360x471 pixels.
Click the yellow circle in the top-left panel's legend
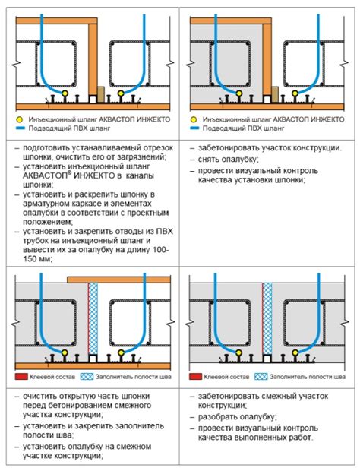[x=20, y=119]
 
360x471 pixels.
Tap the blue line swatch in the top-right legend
[x=194, y=128]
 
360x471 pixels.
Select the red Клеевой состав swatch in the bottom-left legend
[x=21, y=376]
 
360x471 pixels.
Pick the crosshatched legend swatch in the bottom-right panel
[x=261, y=376]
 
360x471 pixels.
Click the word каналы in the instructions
[x=140, y=175]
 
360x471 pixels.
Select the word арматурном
[x=47, y=204]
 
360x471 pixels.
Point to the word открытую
[x=65, y=397]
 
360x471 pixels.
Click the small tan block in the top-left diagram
[x=100, y=94]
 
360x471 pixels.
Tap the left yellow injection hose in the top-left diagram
[x=65, y=93]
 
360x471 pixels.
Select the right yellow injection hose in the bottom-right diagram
[x=295, y=352]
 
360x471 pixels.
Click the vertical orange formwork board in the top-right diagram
[x=267, y=59]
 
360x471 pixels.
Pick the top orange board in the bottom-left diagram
[x=119, y=280]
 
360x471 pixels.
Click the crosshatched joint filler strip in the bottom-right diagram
[x=267, y=319]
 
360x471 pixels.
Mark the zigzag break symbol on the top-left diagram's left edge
[x=16, y=65]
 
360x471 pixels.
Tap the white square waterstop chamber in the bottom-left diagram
[x=93, y=359]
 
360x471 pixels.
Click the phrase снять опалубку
[x=228, y=160]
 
